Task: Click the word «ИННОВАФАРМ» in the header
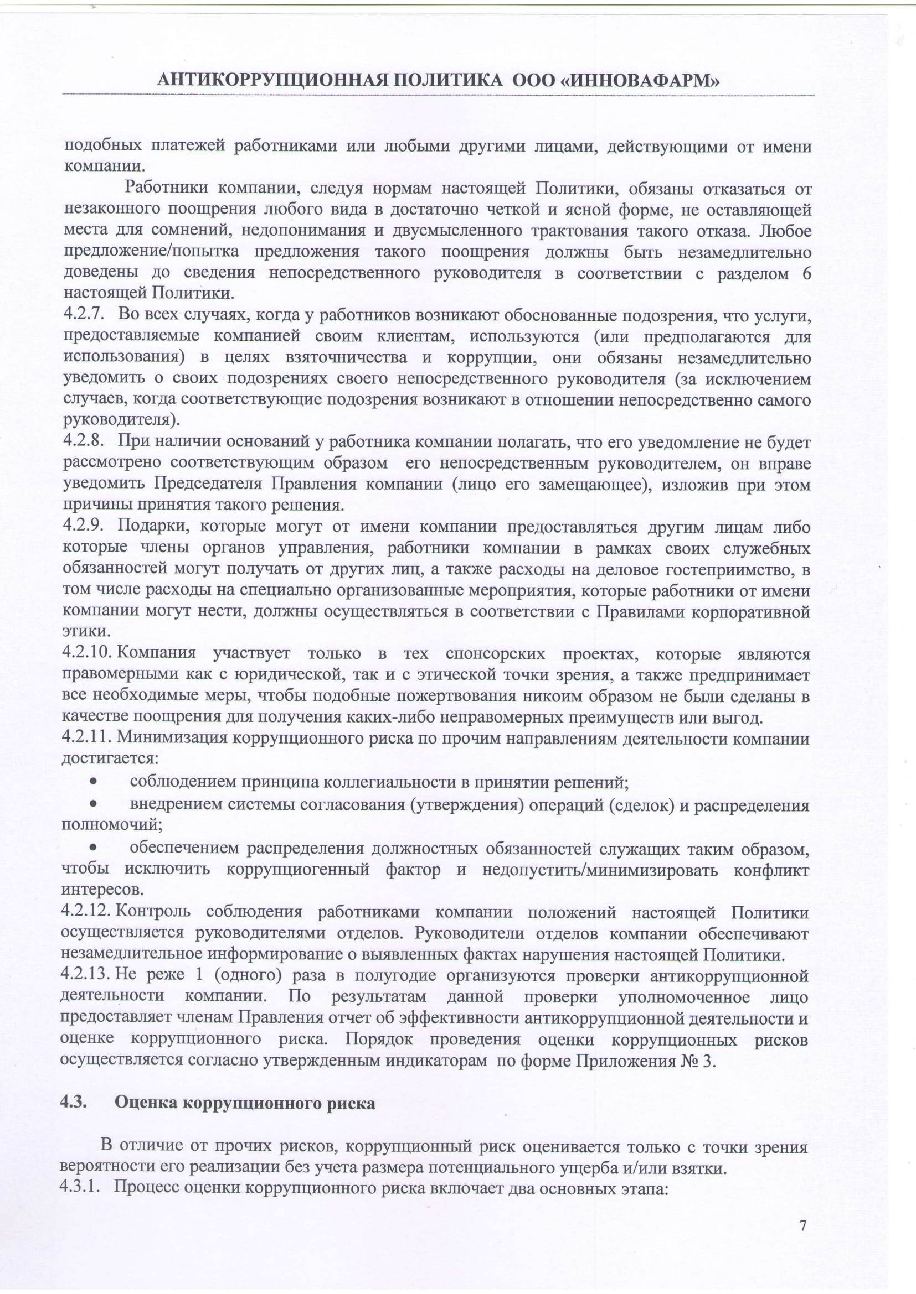(644, 81)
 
